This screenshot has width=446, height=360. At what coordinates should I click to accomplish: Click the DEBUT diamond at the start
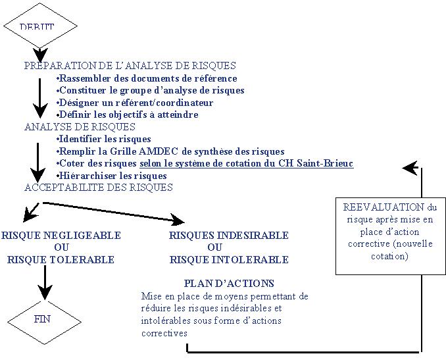(x=37, y=26)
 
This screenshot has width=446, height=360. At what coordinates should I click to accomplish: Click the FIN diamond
(x=41, y=320)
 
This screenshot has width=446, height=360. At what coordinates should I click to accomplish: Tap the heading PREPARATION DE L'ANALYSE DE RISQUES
(x=130, y=66)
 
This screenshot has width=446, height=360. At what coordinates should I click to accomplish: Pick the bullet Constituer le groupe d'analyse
(x=151, y=90)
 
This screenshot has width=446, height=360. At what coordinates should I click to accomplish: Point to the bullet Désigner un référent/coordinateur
(x=135, y=103)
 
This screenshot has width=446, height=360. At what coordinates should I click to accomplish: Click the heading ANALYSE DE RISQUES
(x=80, y=127)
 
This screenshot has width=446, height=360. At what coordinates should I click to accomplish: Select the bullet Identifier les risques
(x=104, y=139)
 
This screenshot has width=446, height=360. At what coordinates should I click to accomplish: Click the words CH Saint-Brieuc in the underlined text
(x=323, y=163)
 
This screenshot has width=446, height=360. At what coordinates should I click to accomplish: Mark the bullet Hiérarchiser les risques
(x=112, y=176)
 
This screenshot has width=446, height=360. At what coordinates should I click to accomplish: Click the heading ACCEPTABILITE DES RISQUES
(x=99, y=188)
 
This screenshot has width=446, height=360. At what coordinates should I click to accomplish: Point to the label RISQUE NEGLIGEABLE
(x=61, y=235)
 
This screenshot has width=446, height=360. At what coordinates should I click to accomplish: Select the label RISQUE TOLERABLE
(x=61, y=259)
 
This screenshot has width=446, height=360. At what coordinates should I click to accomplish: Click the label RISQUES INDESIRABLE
(x=229, y=235)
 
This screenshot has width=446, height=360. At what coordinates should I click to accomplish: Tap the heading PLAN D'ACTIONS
(x=229, y=284)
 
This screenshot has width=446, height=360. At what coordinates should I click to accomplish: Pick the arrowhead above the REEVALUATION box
(x=410, y=168)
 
